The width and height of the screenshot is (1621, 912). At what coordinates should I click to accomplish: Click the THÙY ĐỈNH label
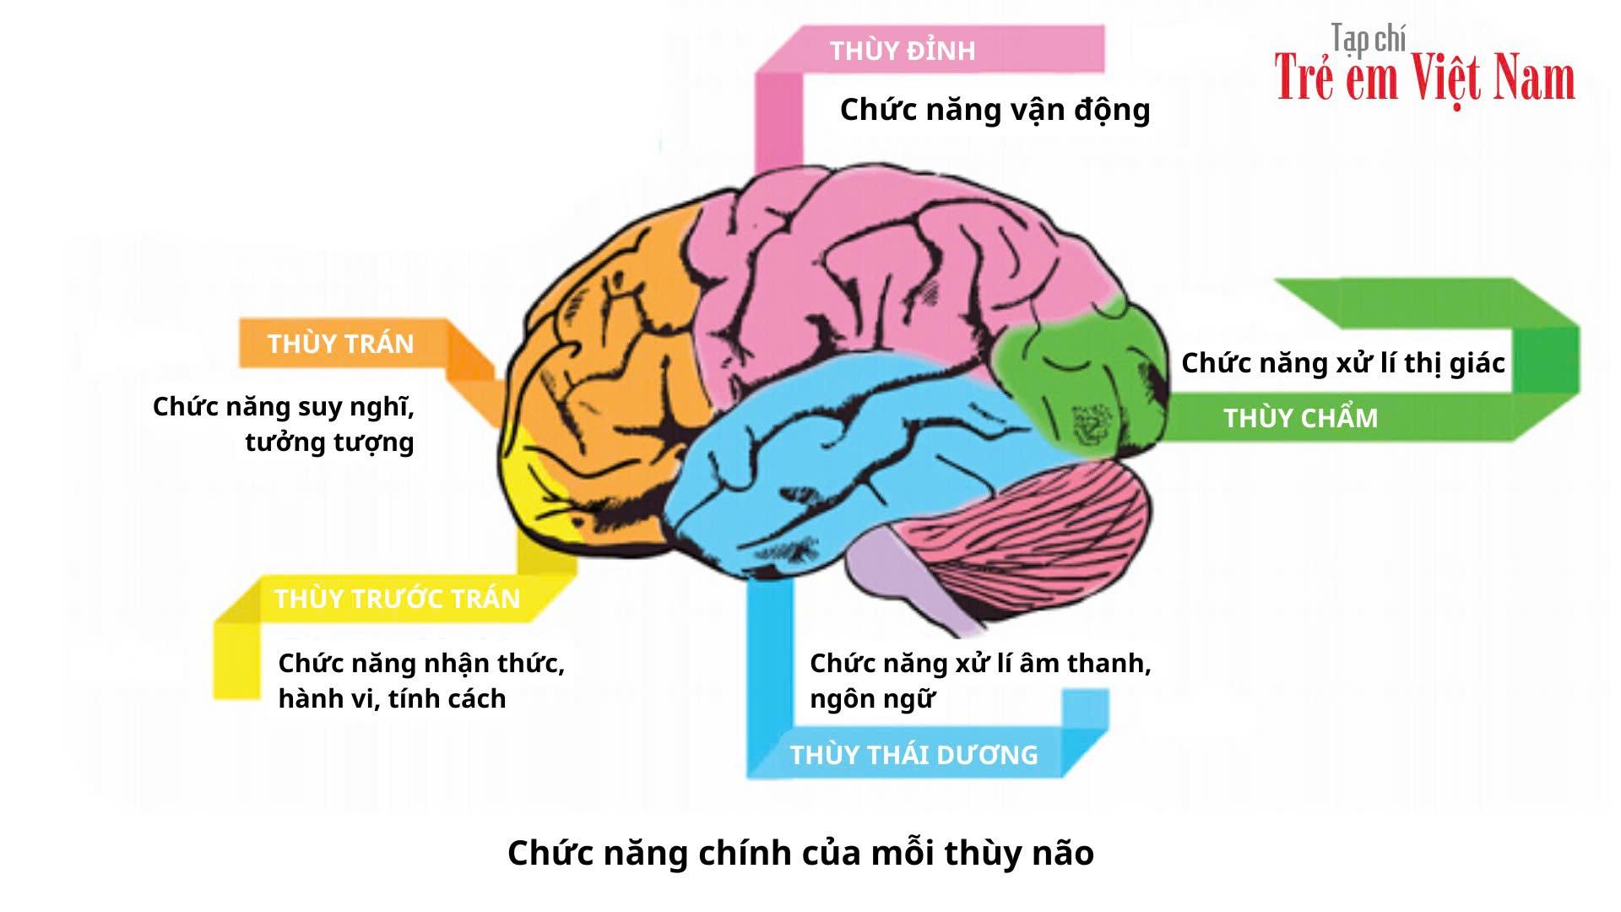click(902, 51)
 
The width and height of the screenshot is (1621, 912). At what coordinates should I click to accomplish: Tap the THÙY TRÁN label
click(340, 344)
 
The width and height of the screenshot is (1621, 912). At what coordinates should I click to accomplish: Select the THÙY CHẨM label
click(1300, 418)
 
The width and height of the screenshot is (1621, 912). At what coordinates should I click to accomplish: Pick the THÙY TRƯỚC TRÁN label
click(397, 599)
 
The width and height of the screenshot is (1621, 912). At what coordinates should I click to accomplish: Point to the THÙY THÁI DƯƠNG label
click(914, 754)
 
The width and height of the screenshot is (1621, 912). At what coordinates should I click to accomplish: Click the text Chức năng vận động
click(995, 110)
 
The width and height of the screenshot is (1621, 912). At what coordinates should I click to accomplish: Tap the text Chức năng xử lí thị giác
click(1342, 363)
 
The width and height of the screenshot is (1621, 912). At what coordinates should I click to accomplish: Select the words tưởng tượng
click(329, 442)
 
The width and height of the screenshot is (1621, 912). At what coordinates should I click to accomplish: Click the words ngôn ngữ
click(871, 699)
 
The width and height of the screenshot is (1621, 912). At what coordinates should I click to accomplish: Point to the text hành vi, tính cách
click(392, 699)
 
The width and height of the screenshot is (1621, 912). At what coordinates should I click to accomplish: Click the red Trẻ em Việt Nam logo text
click(1424, 78)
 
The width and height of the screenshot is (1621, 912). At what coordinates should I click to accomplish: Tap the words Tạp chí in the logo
click(1368, 38)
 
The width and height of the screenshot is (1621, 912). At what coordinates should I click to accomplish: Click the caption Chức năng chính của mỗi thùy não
click(800, 853)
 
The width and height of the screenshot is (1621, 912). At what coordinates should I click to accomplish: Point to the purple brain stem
click(895, 574)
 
